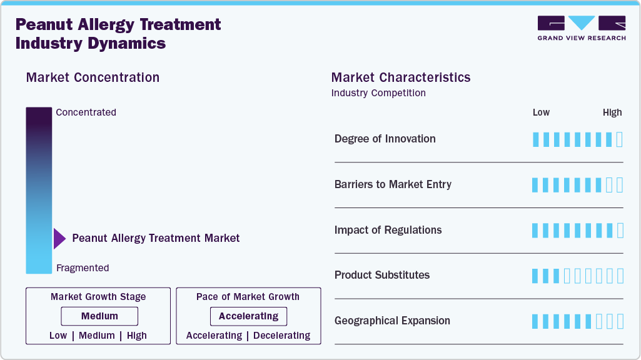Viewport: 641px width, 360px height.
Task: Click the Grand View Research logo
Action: (581, 28)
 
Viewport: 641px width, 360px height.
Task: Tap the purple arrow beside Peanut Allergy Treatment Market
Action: (59, 238)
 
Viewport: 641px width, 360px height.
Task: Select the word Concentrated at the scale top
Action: (86, 112)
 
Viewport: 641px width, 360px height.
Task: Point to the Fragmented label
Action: (83, 268)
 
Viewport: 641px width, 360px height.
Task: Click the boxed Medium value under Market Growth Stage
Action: (99, 316)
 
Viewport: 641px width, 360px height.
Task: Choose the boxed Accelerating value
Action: (248, 316)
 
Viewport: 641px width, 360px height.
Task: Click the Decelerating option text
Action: (281, 336)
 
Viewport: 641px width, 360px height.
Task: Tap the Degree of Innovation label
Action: (385, 139)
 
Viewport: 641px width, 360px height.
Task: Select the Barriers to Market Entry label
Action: (393, 184)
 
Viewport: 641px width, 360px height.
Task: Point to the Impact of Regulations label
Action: (388, 230)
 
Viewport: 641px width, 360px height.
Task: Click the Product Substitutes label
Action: (381, 275)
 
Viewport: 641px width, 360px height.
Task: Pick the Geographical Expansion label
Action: (392, 321)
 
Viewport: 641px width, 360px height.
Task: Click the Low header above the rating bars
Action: (541, 112)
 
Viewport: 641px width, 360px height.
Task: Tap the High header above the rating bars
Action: (612, 112)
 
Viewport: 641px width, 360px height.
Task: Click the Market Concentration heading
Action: (93, 77)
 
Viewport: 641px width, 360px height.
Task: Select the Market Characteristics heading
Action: (401, 77)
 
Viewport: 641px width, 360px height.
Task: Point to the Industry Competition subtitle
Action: (378, 93)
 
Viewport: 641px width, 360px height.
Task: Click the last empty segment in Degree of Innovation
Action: (619, 139)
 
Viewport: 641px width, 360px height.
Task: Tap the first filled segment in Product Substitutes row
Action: (535, 276)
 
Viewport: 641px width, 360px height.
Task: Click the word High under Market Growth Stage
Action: (136, 336)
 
